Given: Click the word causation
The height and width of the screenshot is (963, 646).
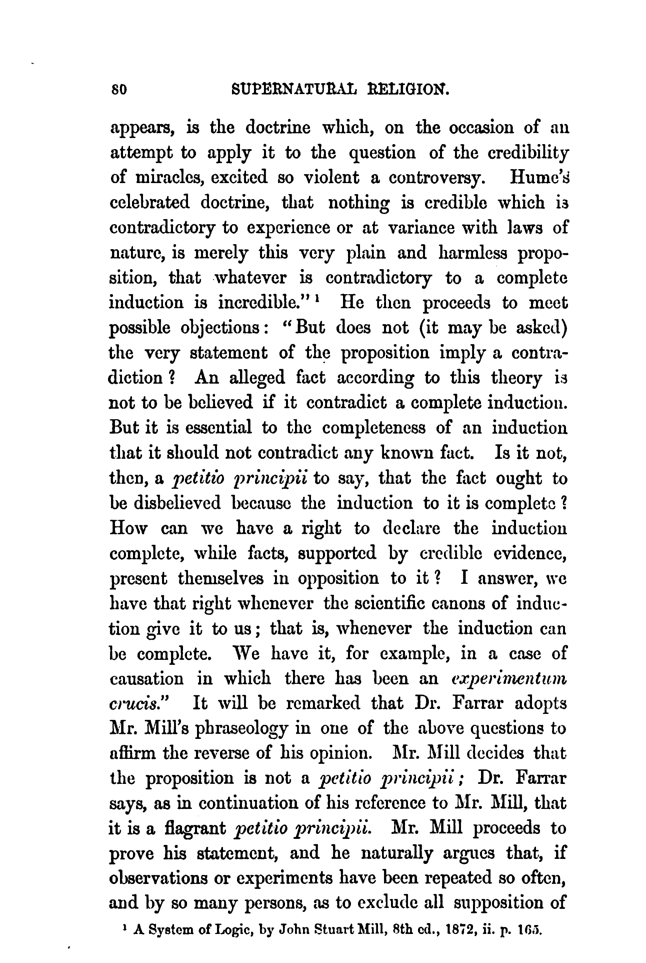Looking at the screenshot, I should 146,679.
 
